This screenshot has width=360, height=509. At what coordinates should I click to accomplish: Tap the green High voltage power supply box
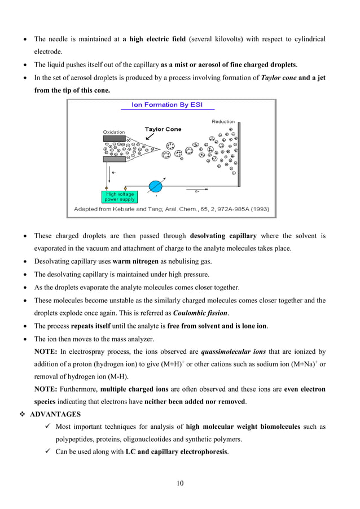point(119,197)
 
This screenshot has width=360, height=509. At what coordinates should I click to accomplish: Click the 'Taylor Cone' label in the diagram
point(163,129)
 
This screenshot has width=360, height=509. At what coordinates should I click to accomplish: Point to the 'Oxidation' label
point(113,132)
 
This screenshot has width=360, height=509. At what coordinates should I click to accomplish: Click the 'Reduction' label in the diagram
point(223,121)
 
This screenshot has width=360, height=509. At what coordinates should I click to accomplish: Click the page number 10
point(179,482)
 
